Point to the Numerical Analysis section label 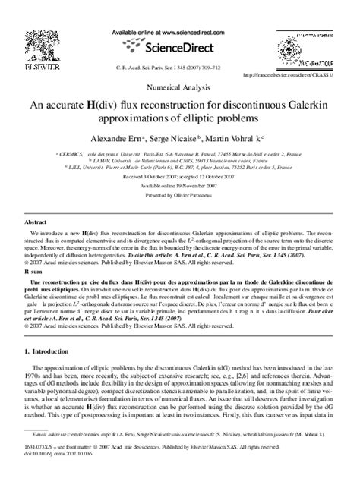point(179,87)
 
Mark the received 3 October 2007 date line point(179,177)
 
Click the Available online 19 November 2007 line point(179,185)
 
